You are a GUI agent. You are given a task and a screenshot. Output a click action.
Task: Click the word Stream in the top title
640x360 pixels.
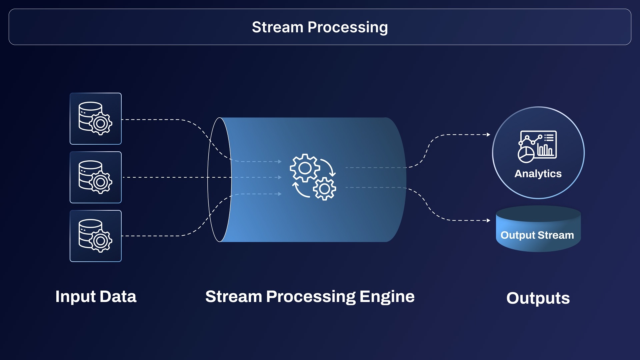tap(277, 27)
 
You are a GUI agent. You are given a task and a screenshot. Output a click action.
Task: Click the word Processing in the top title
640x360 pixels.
tap(348, 27)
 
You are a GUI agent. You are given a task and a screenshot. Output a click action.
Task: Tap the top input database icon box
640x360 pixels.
tap(96, 119)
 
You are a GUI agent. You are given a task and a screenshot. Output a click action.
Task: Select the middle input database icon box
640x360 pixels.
tap(96, 177)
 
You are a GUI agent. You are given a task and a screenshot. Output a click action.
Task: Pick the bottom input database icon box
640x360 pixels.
tap(96, 236)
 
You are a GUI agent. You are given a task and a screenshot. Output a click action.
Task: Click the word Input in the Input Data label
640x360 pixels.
tap(75, 297)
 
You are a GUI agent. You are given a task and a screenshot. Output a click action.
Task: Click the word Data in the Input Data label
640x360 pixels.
tap(118, 297)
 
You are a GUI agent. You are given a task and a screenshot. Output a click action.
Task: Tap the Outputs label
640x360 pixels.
tap(538, 298)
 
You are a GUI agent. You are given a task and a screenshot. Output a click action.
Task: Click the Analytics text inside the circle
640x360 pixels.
tap(538, 174)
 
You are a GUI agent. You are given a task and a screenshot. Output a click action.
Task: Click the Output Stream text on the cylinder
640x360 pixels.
tap(537, 235)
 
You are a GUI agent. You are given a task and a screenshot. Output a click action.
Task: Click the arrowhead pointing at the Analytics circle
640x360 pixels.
tap(488, 135)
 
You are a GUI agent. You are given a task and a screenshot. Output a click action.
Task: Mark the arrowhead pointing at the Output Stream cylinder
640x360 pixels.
tap(488, 220)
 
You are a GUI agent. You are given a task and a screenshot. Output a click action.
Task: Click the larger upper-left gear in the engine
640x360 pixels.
tap(305, 168)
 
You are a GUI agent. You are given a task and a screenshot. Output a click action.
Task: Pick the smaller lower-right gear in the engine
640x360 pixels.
tap(324, 189)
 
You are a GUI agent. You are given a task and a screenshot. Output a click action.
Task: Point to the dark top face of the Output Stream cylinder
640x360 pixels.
tap(538, 213)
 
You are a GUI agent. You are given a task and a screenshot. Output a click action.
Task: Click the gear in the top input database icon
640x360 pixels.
tap(101, 124)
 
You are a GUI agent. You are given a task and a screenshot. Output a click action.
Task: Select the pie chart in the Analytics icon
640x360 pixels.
tap(526, 154)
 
